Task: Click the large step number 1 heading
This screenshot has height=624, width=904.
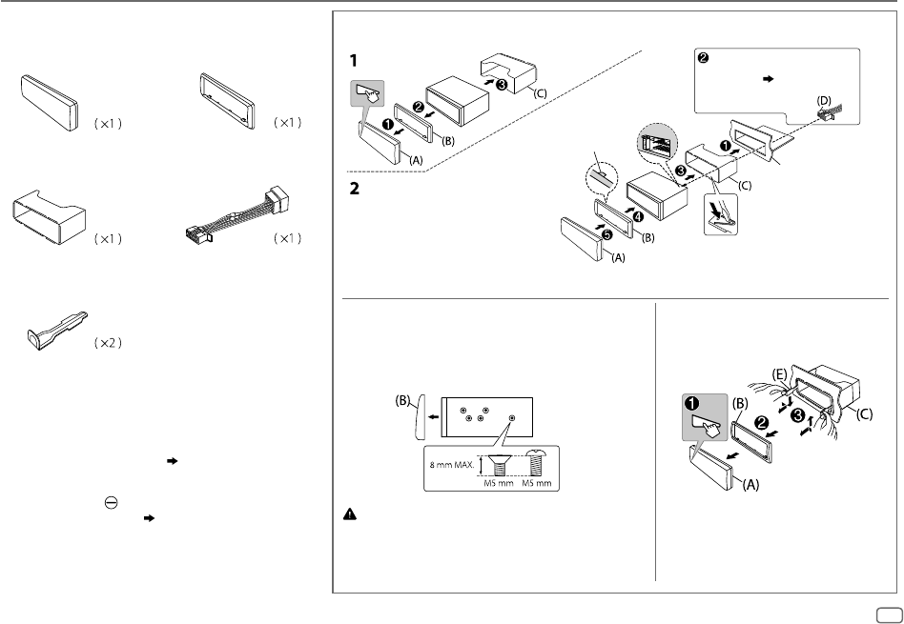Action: (353, 59)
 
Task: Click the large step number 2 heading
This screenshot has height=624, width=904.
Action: (354, 190)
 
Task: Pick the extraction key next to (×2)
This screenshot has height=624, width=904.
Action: (57, 325)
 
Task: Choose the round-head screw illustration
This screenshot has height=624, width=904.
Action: (535, 464)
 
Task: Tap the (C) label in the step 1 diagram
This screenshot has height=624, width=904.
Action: (541, 94)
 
